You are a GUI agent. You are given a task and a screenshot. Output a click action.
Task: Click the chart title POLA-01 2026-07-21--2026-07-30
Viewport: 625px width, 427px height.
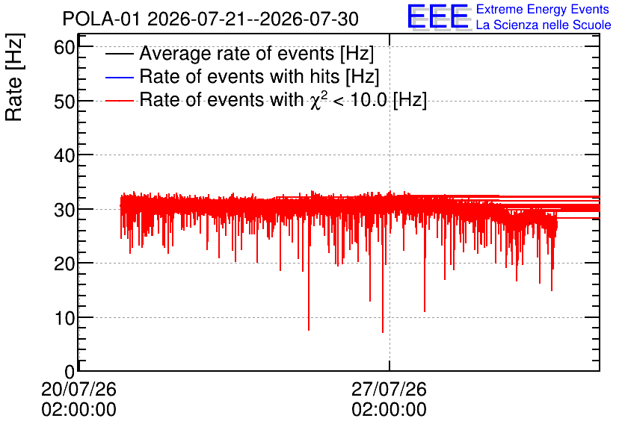211,19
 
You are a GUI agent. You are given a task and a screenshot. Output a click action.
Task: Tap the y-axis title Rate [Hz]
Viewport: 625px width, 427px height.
14,77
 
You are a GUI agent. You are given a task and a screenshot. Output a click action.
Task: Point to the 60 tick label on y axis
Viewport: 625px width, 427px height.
64,48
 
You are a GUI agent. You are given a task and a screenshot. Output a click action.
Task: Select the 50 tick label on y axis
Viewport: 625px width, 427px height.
64,102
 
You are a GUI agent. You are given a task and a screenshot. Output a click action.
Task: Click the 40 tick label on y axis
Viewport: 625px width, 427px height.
64,155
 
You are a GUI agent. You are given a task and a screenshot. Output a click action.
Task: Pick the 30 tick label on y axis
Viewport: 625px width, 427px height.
64,210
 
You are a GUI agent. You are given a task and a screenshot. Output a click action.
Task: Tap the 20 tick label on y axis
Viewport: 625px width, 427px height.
64,264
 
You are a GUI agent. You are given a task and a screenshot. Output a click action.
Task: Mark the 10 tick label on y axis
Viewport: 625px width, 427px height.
64,318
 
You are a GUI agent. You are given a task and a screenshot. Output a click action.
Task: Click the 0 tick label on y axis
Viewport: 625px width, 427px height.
70,372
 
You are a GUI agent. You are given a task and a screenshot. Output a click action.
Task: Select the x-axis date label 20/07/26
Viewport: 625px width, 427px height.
79,389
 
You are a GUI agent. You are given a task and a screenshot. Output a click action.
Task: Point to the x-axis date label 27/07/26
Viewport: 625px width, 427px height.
389,389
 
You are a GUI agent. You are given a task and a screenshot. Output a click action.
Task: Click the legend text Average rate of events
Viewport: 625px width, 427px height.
237,53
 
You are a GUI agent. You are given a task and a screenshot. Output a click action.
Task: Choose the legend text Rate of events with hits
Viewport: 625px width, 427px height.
239,76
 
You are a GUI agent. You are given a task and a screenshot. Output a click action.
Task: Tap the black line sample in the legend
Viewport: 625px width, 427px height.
119,54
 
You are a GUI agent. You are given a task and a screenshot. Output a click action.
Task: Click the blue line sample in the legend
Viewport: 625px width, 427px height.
119,77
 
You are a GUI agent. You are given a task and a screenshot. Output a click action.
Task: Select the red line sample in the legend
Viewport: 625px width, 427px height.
119,100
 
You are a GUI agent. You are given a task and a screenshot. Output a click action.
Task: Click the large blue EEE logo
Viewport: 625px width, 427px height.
438,16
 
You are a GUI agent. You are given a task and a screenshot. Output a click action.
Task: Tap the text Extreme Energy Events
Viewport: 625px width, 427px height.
543,9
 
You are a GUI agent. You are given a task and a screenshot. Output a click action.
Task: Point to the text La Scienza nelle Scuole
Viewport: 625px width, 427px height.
544,25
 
